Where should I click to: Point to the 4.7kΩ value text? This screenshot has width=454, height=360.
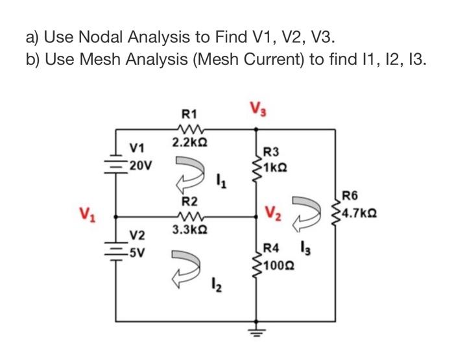(x=361, y=211)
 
